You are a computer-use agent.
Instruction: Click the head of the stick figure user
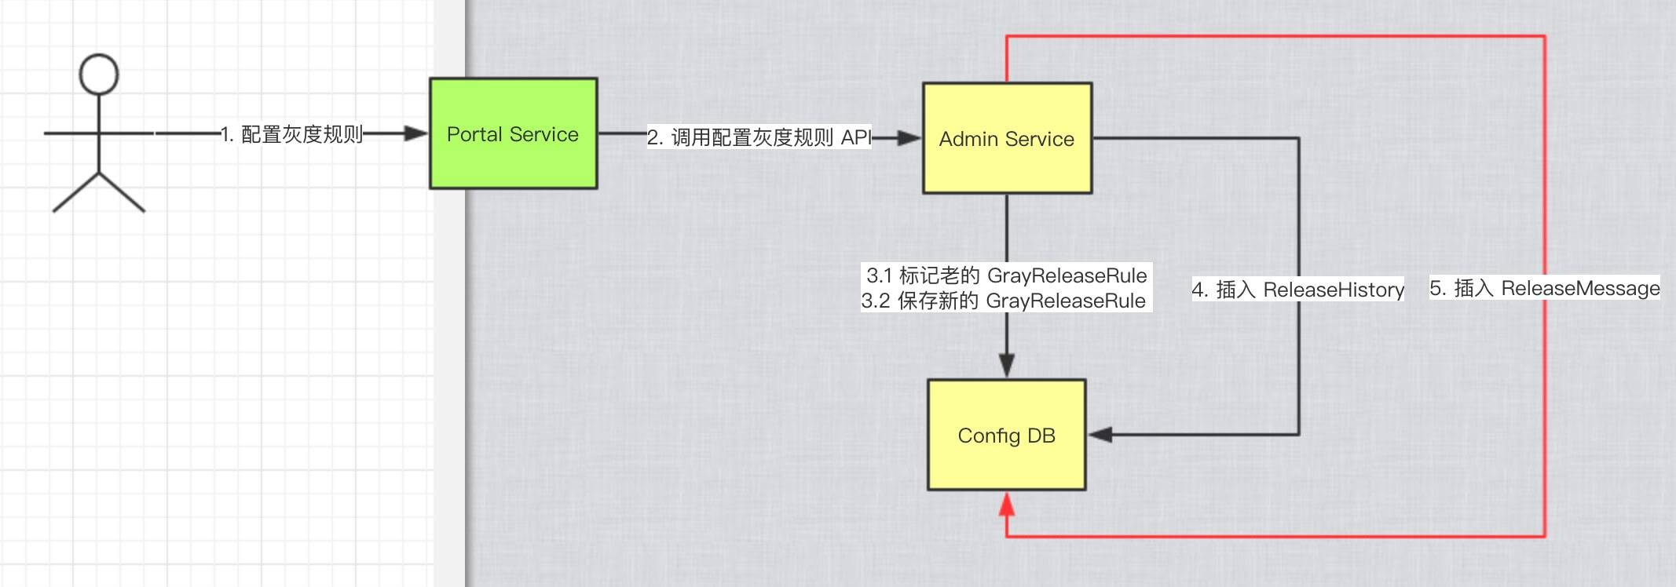pyautogui.click(x=99, y=75)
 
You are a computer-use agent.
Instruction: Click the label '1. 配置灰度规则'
pyautogui.click(x=291, y=134)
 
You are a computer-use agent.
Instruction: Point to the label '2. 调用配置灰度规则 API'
pyautogui.click(x=759, y=137)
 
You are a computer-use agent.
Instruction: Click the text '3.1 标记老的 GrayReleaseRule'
pyautogui.click(x=1006, y=275)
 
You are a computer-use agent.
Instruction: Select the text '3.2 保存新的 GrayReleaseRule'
pyautogui.click(x=1003, y=301)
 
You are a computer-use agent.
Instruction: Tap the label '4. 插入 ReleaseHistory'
pyautogui.click(x=1297, y=290)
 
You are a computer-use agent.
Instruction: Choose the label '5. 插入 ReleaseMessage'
pyautogui.click(x=1544, y=288)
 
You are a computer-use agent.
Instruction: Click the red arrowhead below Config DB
pyautogui.click(x=1007, y=504)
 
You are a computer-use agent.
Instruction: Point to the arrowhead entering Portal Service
pyautogui.click(x=415, y=134)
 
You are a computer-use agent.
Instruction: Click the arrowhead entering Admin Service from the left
pyautogui.click(x=909, y=138)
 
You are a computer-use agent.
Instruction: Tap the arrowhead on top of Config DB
pyautogui.click(x=1007, y=366)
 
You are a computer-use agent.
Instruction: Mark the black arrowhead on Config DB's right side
pyautogui.click(x=1100, y=434)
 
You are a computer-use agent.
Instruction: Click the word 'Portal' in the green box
pyautogui.click(x=474, y=134)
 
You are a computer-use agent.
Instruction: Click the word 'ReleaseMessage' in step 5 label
pyautogui.click(x=1580, y=288)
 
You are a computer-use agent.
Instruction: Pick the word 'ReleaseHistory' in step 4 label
pyautogui.click(x=1334, y=290)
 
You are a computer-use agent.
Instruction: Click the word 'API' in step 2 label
pyautogui.click(x=856, y=137)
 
